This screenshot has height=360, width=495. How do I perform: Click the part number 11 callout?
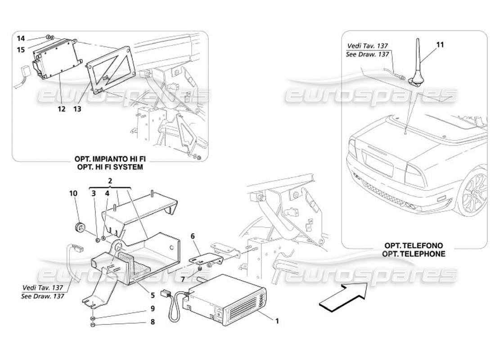[x=440, y=45]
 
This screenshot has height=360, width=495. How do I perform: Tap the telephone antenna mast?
[x=416, y=58]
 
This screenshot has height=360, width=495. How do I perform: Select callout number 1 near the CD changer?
[x=277, y=321]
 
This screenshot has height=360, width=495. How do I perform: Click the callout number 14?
[x=21, y=39]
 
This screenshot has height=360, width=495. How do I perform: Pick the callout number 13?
[x=77, y=109]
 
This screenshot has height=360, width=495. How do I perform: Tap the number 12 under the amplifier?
[x=62, y=109]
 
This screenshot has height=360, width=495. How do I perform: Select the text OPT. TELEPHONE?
[x=414, y=254]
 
